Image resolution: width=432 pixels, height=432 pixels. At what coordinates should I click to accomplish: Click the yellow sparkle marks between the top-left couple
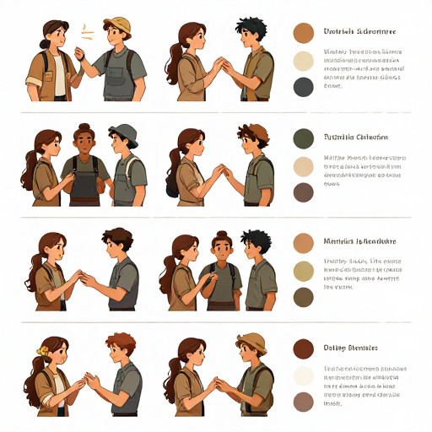click(86, 32)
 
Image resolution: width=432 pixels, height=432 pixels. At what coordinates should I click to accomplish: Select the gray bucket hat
click(123, 132)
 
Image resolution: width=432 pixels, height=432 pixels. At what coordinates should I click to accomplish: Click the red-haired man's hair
click(120, 343)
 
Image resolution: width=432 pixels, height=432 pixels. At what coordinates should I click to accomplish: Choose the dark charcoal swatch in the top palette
click(303, 86)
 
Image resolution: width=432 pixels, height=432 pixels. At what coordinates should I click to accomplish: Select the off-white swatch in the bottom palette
click(303, 375)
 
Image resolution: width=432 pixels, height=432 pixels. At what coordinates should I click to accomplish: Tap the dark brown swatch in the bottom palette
click(303, 348)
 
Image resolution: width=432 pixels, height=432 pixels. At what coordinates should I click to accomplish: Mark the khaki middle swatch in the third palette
click(303, 270)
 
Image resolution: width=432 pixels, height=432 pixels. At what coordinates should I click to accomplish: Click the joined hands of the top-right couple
click(221, 66)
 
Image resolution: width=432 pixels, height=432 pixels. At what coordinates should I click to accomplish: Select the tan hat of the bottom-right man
click(251, 341)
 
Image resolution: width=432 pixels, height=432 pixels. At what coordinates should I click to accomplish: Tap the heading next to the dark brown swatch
click(350, 348)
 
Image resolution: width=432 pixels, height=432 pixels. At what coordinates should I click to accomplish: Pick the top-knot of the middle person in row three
click(222, 235)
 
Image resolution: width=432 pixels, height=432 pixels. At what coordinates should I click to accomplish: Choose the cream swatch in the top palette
click(303, 61)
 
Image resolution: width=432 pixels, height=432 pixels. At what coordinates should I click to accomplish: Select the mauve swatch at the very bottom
click(303, 402)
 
